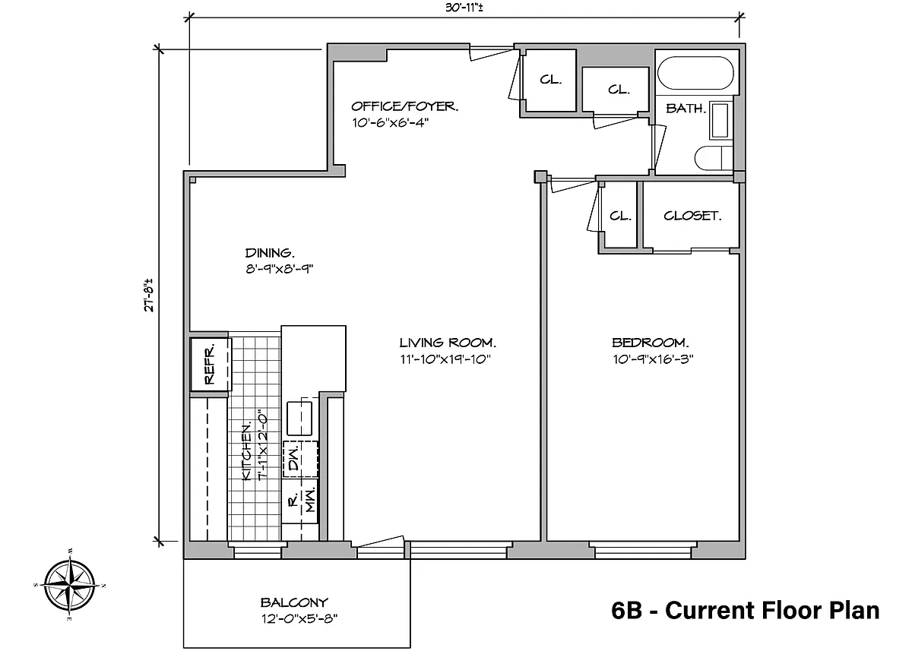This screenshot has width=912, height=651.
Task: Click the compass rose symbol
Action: coord(69,585)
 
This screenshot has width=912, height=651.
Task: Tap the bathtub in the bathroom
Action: coord(695,73)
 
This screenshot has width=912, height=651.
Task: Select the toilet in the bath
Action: coord(714,158)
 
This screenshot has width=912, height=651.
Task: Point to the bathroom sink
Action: coord(720,121)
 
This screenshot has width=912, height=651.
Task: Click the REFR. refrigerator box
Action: coord(211,365)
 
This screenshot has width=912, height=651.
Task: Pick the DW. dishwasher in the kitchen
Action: coord(300,460)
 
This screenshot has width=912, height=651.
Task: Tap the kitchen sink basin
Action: coord(299,419)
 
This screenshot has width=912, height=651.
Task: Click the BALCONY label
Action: coord(294,602)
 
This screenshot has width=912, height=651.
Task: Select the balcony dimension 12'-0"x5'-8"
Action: coord(299,619)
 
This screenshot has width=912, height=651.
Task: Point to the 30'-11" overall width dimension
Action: coord(464,8)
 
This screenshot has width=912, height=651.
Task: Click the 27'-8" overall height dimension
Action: coord(149,295)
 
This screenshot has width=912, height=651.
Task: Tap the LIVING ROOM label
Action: coord(448,343)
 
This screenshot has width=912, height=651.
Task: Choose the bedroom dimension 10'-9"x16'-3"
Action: coord(653,359)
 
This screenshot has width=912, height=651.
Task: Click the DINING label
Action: coord(270,253)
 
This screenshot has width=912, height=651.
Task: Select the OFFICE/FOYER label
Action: coord(404,106)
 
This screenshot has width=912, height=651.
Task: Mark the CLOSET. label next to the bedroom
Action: coord(692,216)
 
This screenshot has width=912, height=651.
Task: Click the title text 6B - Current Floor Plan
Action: coord(745,611)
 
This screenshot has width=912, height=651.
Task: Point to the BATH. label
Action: coord(686,109)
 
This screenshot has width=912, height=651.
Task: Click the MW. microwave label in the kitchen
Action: coord(311,501)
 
